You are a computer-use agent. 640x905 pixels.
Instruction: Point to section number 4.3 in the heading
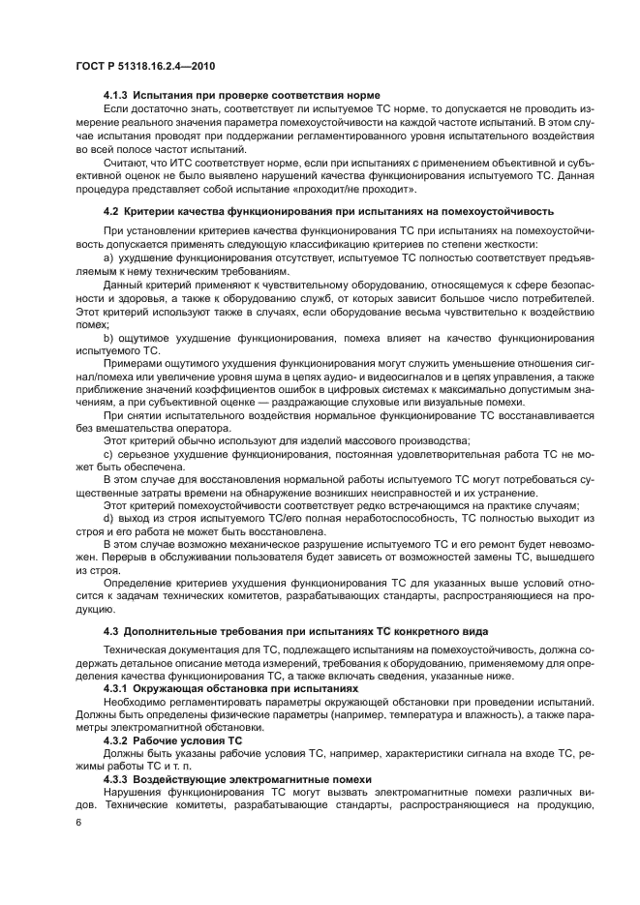tap(109, 632)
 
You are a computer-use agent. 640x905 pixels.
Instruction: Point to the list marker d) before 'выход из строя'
tap(108, 518)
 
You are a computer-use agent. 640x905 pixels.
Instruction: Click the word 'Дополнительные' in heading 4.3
tap(172, 632)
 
